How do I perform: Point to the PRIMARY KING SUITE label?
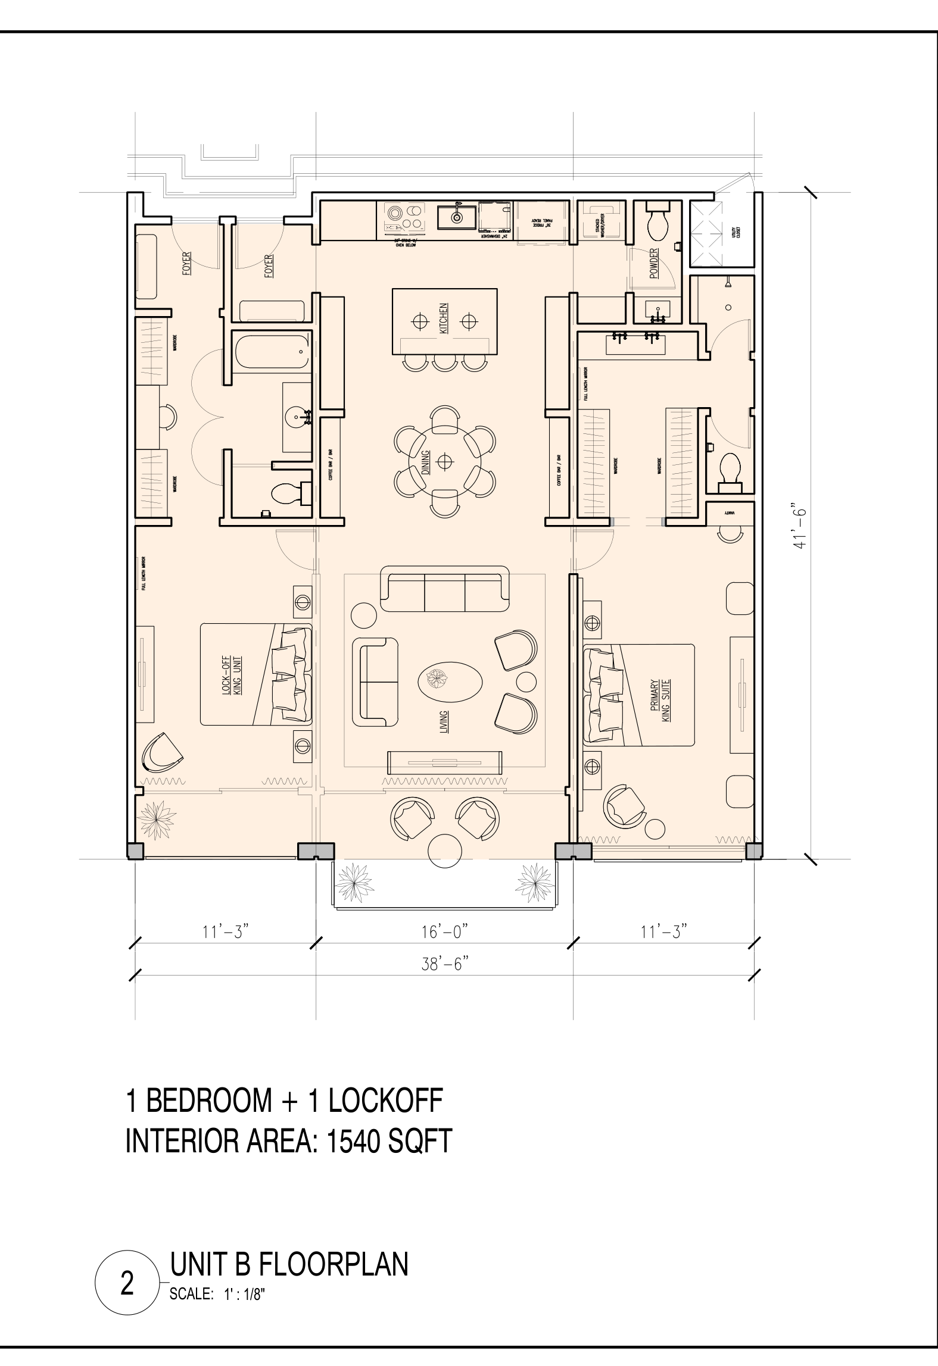661,701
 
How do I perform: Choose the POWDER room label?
654,264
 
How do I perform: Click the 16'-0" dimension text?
444,931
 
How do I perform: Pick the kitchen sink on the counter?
457,218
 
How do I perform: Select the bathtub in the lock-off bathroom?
272,351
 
